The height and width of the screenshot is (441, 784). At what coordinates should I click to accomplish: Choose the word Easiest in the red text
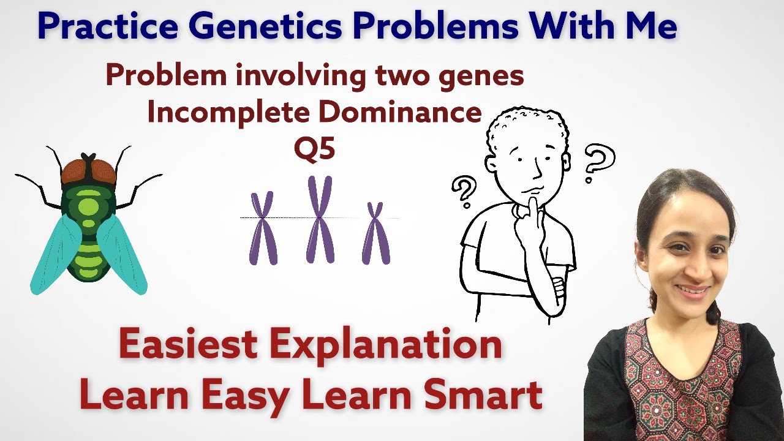click(x=187, y=344)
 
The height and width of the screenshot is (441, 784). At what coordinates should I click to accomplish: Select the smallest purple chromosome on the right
click(x=375, y=233)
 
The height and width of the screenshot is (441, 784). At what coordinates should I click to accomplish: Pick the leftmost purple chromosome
click(x=263, y=227)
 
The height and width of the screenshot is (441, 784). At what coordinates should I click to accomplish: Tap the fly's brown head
click(x=88, y=168)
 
